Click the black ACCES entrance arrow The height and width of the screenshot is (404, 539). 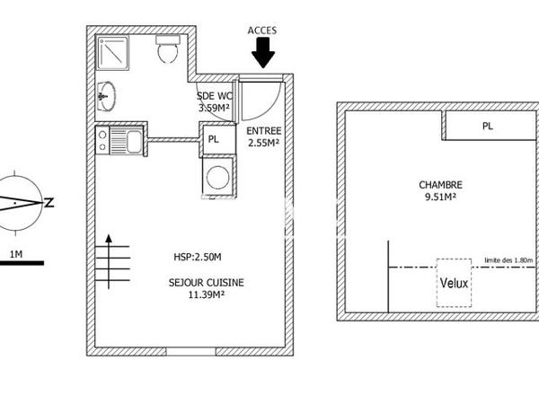click(262, 56)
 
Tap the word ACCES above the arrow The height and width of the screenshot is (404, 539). click(262, 31)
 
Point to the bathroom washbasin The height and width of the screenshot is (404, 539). click(105, 94)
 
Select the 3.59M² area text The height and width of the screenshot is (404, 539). click(214, 108)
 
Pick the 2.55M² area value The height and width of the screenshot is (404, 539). click(263, 142)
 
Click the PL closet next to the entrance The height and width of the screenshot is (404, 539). click(214, 139)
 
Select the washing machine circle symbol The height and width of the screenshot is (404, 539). click(216, 176)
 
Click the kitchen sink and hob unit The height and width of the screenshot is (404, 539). click(119, 142)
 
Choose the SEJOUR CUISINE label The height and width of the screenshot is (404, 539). click(206, 281)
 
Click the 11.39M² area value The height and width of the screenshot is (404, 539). click(205, 294)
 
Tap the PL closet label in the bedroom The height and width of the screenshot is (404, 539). click(487, 127)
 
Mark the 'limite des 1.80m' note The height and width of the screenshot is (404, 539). click(509, 260)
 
